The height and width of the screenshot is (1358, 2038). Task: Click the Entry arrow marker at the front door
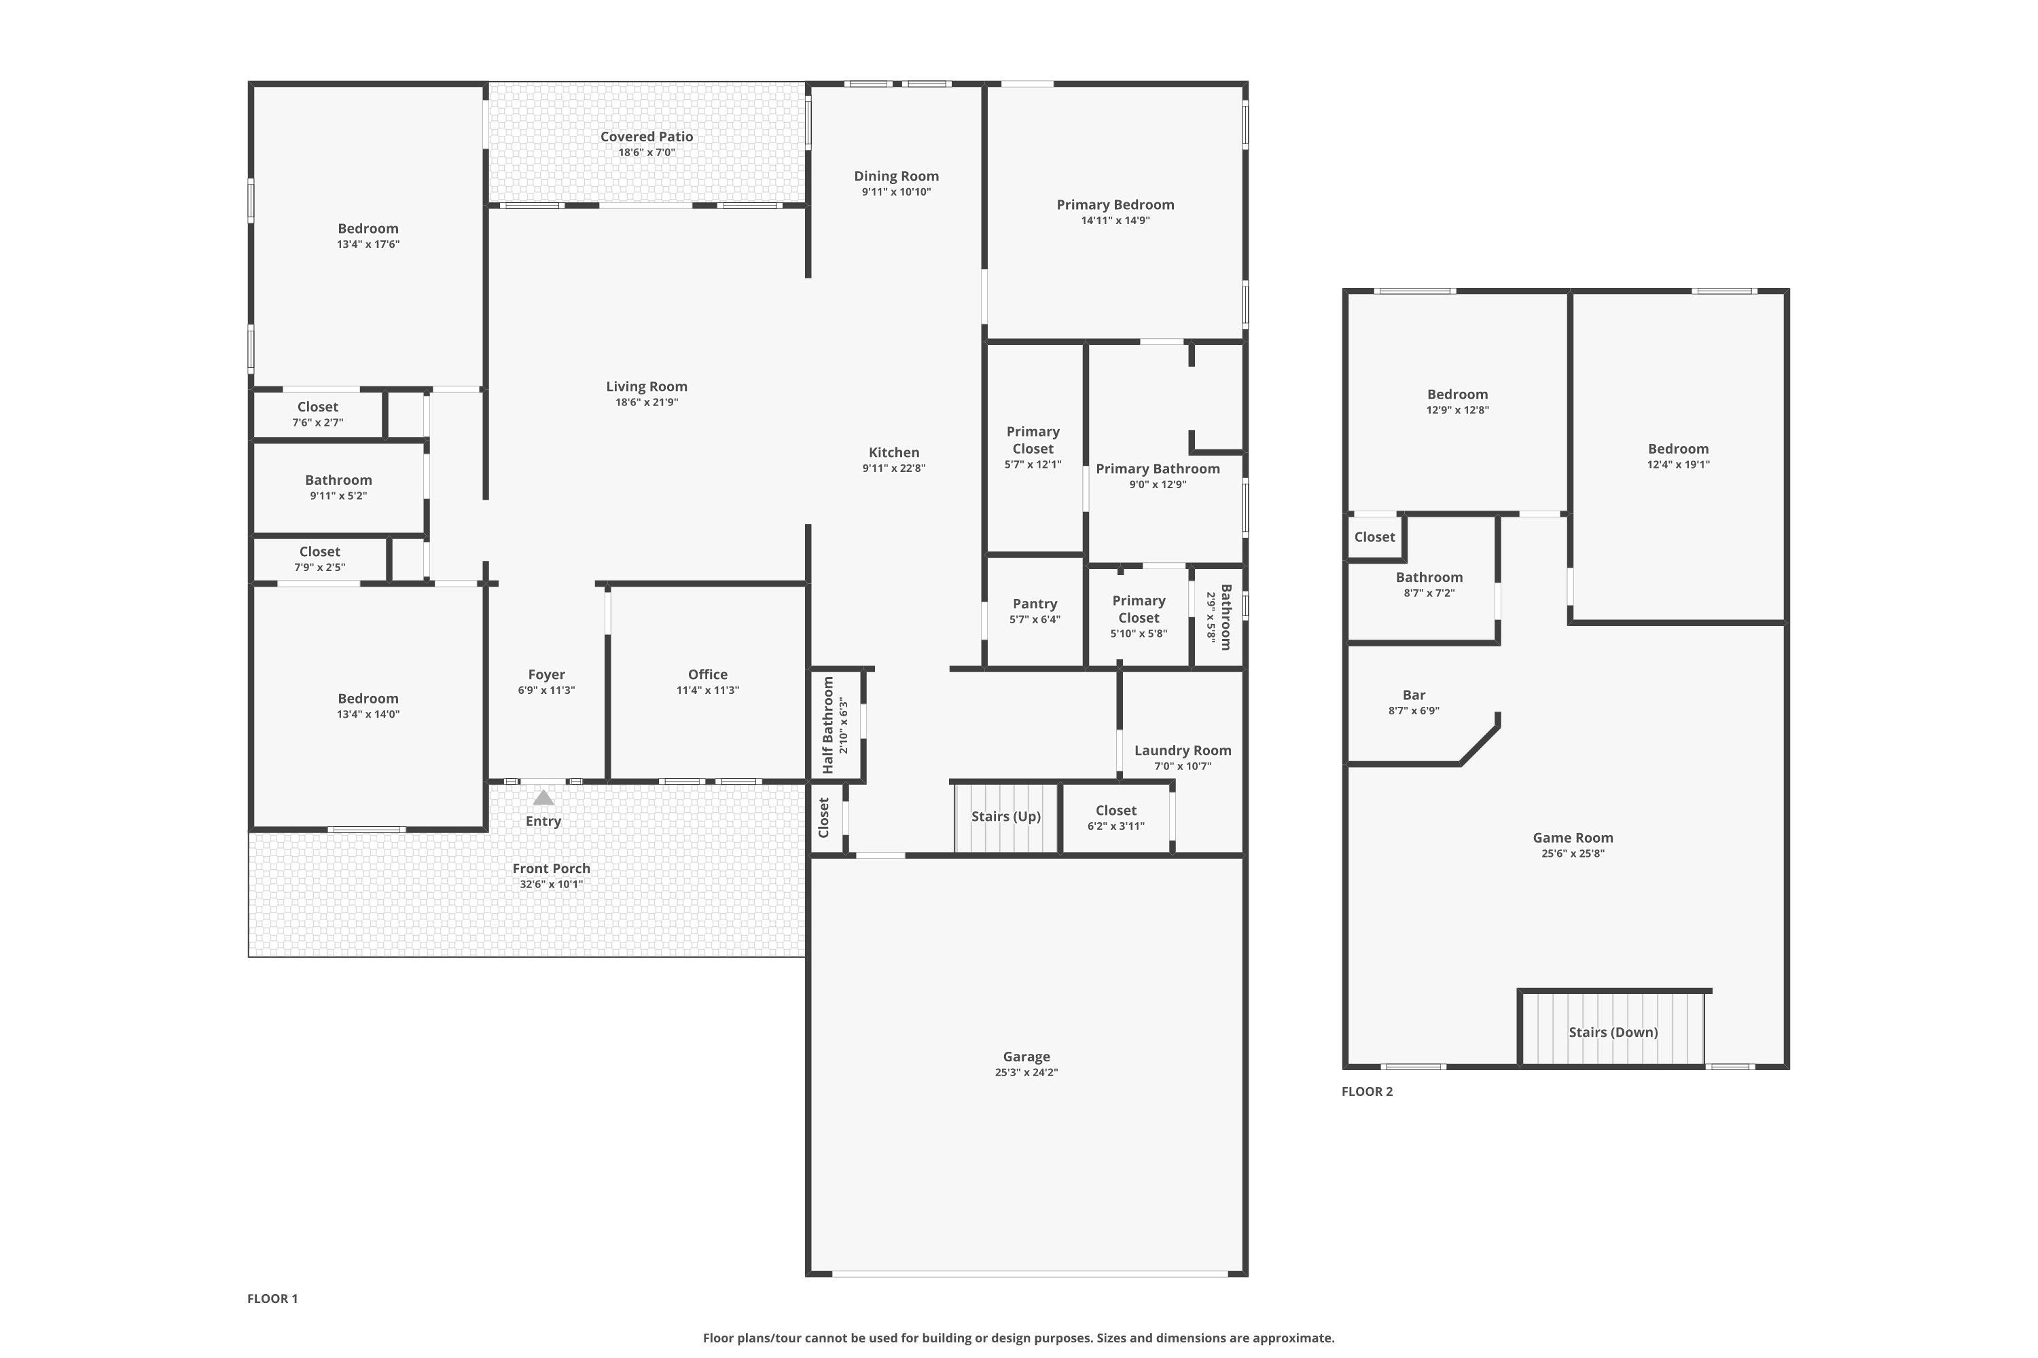click(543, 798)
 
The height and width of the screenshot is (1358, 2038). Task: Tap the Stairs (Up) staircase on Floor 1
click(1006, 818)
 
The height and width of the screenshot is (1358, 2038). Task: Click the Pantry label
click(1035, 604)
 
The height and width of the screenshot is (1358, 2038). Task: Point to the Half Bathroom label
click(827, 726)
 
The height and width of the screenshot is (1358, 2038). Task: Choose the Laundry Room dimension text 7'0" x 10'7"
click(1183, 767)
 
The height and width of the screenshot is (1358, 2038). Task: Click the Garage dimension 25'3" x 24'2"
click(1026, 1072)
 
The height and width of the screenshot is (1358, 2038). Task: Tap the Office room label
click(708, 674)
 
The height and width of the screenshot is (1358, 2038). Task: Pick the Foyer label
click(547, 674)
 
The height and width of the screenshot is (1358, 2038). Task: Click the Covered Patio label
click(647, 136)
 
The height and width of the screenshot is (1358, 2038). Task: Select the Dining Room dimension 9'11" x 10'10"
click(896, 192)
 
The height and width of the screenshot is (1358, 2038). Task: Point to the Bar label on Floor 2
click(1414, 695)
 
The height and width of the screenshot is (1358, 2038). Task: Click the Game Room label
click(1573, 837)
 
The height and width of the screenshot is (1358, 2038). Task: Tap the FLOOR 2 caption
click(1367, 1091)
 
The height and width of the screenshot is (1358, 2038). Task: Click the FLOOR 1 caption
click(272, 1298)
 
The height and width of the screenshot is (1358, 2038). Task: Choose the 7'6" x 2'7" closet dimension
click(318, 422)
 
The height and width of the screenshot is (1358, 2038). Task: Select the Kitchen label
click(894, 452)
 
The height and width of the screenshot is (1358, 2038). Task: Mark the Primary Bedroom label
click(1115, 204)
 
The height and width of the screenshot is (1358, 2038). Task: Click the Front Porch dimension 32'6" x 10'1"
click(551, 884)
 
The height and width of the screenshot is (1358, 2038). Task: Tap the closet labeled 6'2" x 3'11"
click(1116, 818)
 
